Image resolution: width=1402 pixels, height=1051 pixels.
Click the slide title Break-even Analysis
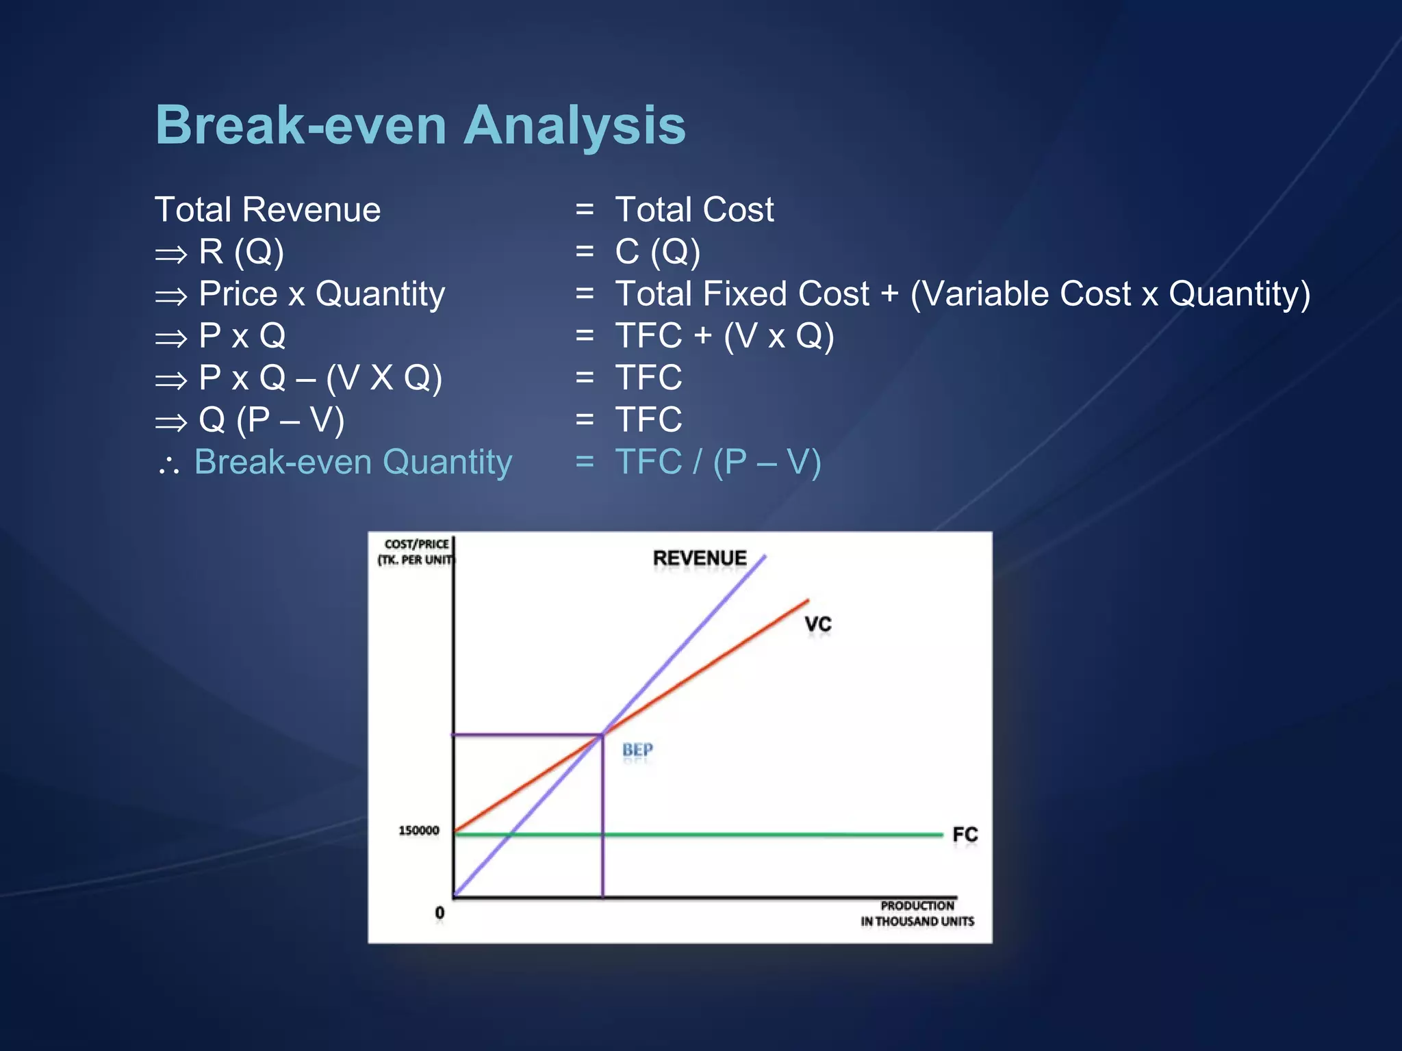[420, 125]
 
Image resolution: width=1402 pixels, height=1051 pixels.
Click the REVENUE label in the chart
[699, 558]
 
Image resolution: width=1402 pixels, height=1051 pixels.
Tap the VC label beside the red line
[817, 624]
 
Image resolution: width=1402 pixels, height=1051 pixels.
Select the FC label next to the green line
[965, 835]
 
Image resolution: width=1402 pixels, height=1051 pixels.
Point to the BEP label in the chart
[637, 750]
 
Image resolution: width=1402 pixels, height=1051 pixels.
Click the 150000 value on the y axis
[419, 831]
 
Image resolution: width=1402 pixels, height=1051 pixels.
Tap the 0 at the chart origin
[439, 913]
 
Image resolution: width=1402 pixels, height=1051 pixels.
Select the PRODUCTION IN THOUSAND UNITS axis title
[917, 913]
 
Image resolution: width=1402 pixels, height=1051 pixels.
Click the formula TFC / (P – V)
[718, 462]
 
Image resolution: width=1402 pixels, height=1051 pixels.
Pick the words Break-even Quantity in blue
[353, 462]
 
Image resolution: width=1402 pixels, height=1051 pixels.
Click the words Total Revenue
[268, 209]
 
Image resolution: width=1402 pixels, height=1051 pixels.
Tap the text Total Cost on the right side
[694, 209]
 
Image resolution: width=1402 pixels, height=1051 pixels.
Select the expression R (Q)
[241, 252]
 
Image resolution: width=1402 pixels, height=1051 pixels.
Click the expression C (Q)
[657, 252]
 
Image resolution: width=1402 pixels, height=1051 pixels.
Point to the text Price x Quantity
[322, 294]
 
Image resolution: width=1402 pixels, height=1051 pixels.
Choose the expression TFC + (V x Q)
[724, 336]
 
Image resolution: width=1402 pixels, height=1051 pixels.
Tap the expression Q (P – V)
[271, 420]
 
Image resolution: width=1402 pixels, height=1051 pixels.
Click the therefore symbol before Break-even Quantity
[168, 465]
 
